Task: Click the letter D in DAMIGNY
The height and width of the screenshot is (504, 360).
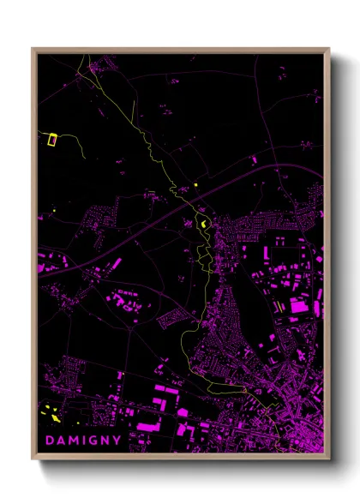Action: (x=48, y=440)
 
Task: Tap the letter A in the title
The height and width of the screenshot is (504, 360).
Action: (x=60, y=440)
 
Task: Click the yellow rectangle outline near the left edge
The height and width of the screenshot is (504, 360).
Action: (x=51, y=139)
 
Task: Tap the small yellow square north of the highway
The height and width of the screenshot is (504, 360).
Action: (x=195, y=183)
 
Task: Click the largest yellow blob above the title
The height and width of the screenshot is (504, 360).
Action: (x=56, y=418)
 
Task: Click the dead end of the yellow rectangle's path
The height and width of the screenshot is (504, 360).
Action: (x=83, y=159)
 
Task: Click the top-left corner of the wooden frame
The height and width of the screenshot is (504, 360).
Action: (x=33, y=48)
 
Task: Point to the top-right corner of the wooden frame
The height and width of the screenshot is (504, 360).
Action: (x=329, y=48)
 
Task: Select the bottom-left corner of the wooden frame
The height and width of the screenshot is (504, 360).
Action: (x=33, y=459)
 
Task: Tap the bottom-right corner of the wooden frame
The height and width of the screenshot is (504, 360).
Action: (x=329, y=459)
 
